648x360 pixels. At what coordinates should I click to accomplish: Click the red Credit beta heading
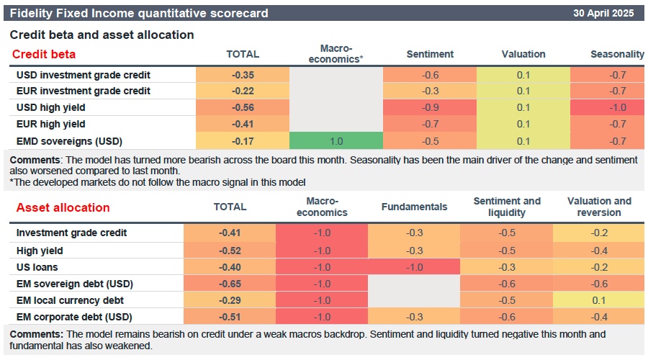[x=44, y=54]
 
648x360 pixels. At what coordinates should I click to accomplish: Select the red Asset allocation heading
[x=63, y=207]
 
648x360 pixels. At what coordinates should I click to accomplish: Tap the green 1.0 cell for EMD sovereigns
[x=336, y=140]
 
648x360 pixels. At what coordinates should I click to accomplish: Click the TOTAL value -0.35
[x=242, y=74]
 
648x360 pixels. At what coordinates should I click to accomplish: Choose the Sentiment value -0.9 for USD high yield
[x=430, y=107]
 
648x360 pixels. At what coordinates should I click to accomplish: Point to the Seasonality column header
[x=616, y=54]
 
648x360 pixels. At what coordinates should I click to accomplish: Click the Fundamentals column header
[x=414, y=207]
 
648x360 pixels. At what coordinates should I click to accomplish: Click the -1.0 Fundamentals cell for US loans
[x=414, y=266]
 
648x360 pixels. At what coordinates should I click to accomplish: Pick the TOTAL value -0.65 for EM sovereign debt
[x=230, y=283]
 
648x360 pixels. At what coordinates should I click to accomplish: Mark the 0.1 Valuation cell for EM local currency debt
[x=598, y=300]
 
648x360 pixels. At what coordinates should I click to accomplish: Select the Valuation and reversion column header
[x=598, y=207]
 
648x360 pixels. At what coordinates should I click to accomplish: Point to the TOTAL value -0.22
[x=242, y=91]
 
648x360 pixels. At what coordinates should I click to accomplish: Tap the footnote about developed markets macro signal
[x=158, y=182]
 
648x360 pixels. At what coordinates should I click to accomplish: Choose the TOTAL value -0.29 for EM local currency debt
[x=230, y=300]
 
